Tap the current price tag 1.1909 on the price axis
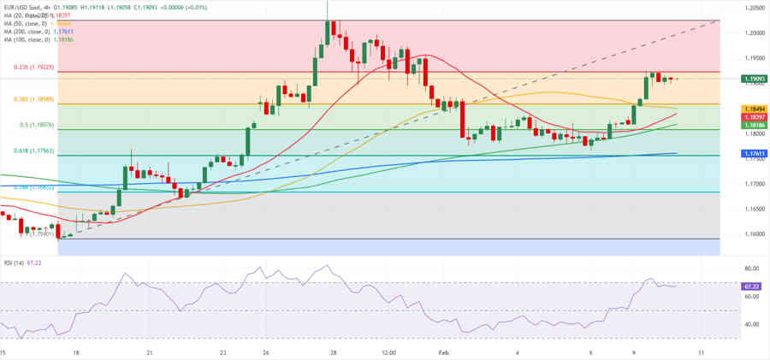754,79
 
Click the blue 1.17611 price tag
754,153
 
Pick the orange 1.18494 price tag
754,109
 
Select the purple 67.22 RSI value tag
754,286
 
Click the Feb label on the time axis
443,351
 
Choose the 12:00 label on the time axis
388,351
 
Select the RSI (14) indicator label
15,263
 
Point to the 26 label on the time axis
266,351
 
